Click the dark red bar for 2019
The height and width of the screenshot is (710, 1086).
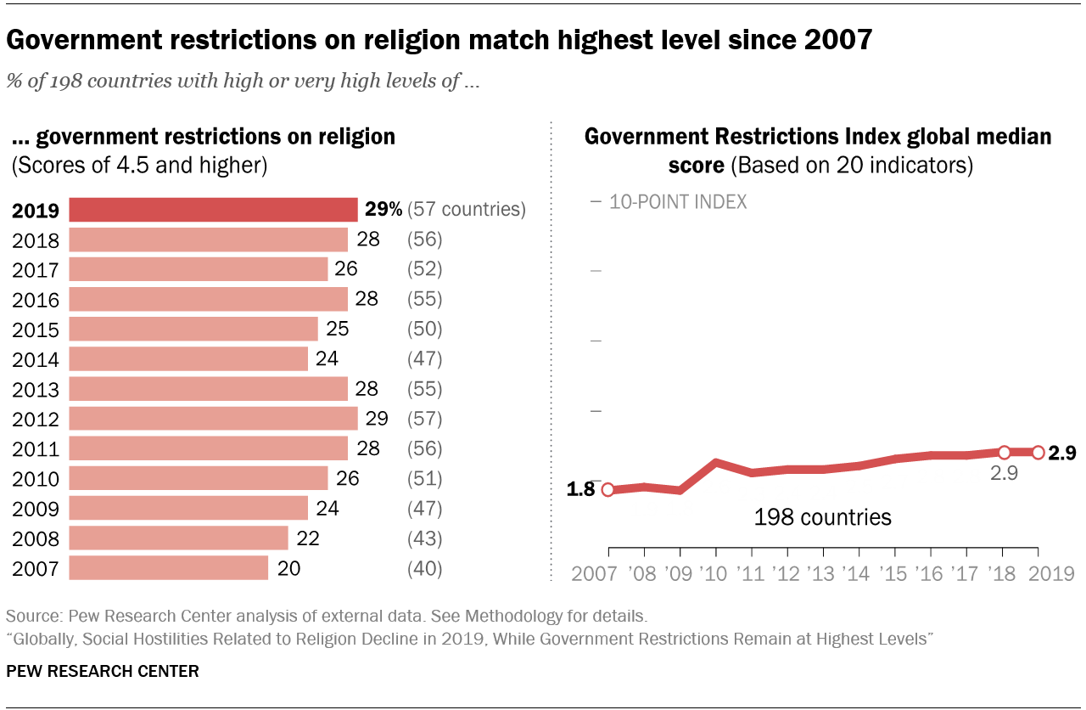(x=213, y=210)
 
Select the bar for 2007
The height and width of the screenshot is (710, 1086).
(x=168, y=568)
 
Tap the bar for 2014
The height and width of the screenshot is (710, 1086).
(x=188, y=359)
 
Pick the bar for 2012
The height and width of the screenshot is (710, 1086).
(x=213, y=419)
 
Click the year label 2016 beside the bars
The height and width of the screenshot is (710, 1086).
(x=36, y=300)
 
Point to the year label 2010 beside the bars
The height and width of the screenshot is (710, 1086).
(x=36, y=479)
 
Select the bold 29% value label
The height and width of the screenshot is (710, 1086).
(x=383, y=210)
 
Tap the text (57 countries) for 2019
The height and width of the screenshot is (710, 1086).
(x=467, y=210)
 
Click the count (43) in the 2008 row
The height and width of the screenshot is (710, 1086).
(x=424, y=538)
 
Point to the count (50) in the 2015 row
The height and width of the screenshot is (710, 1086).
(x=424, y=330)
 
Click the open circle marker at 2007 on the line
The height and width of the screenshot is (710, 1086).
(x=607, y=489)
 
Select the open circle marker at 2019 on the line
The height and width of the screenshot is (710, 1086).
(x=1038, y=453)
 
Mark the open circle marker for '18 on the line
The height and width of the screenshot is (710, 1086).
(x=1004, y=453)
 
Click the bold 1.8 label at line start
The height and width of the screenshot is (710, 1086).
(x=582, y=489)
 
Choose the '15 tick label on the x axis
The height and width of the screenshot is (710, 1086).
(x=895, y=573)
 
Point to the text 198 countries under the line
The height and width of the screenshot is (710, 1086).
(x=822, y=516)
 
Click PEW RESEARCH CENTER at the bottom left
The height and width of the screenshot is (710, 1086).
(x=103, y=671)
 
